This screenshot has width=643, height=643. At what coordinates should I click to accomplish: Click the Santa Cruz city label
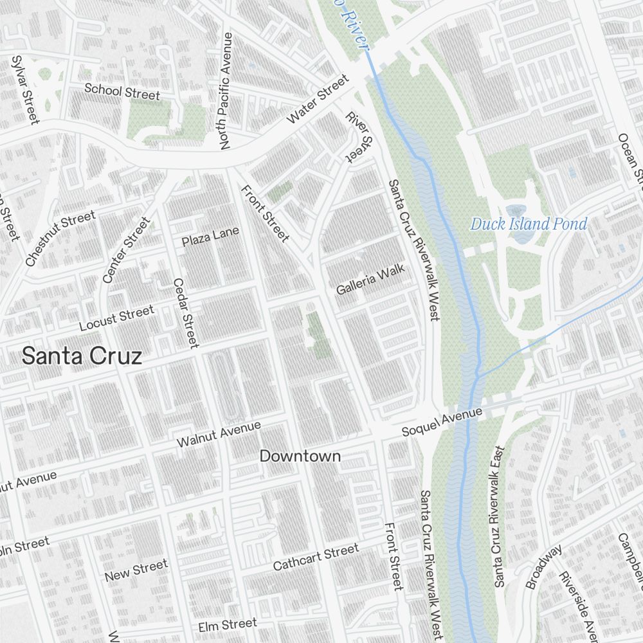click(x=82, y=356)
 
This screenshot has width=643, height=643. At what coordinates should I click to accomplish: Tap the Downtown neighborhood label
click(x=300, y=456)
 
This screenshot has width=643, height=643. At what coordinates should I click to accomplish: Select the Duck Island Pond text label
click(x=529, y=224)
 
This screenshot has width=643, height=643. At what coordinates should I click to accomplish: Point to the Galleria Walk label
click(x=371, y=280)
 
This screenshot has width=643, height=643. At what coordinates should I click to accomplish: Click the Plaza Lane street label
click(x=210, y=236)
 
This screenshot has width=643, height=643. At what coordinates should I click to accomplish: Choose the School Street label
click(x=122, y=91)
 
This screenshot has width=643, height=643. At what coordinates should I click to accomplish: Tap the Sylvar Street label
click(x=26, y=89)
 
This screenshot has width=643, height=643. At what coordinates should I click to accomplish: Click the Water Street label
click(x=318, y=100)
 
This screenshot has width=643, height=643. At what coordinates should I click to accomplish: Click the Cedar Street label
click(x=186, y=313)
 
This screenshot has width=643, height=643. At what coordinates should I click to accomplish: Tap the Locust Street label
click(x=117, y=318)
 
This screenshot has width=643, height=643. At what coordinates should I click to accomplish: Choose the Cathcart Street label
click(x=316, y=557)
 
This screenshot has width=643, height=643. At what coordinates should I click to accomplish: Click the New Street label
click(x=136, y=570)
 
